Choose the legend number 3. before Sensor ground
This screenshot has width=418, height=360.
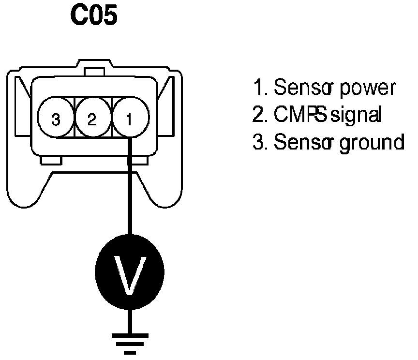click(x=259, y=143)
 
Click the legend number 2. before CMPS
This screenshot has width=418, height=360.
click(x=259, y=115)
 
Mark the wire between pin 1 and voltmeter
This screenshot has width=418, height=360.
click(x=130, y=194)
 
